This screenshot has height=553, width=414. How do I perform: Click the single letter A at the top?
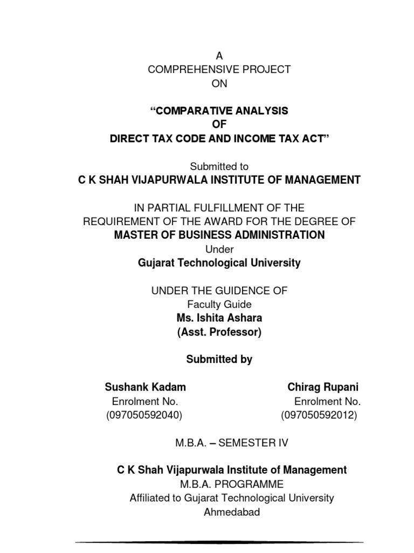pos(219,56)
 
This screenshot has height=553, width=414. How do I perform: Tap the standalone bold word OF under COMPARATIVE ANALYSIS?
pos(219,125)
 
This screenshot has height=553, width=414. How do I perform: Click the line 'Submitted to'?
pos(219,167)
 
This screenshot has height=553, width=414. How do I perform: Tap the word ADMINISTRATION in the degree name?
pos(278,235)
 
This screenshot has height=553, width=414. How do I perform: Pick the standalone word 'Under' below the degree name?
pos(219,249)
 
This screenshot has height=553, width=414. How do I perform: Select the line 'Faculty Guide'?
pos(219,305)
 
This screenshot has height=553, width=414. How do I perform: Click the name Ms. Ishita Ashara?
pos(219,318)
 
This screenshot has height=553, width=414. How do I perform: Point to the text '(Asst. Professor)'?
pos(219,332)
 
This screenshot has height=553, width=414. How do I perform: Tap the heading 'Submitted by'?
pos(219,360)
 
